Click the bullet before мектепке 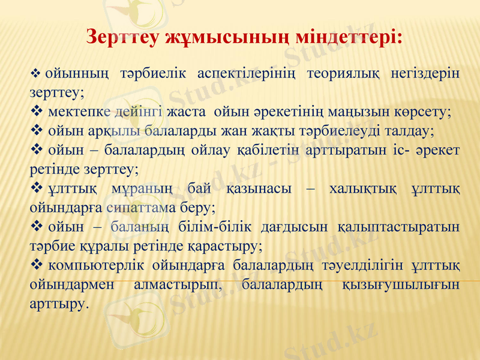(x=35, y=112)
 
